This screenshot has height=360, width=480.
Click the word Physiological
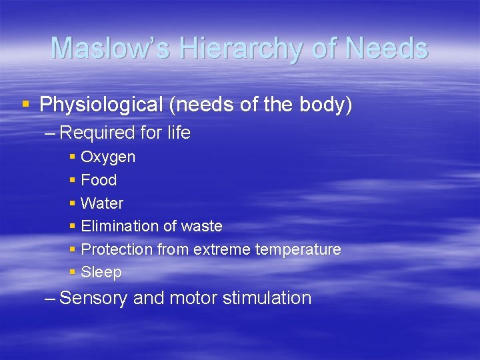click(101, 105)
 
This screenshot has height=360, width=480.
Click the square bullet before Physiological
click(25, 104)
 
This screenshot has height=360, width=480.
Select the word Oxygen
click(108, 157)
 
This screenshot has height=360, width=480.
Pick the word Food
click(99, 180)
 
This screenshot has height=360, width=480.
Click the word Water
click(102, 203)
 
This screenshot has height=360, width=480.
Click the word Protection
click(117, 249)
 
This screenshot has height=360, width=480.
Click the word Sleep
click(101, 272)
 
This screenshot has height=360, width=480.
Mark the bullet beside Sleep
click(72, 271)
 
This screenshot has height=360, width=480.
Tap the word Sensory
click(94, 298)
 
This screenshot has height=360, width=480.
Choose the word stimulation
click(269, 298)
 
